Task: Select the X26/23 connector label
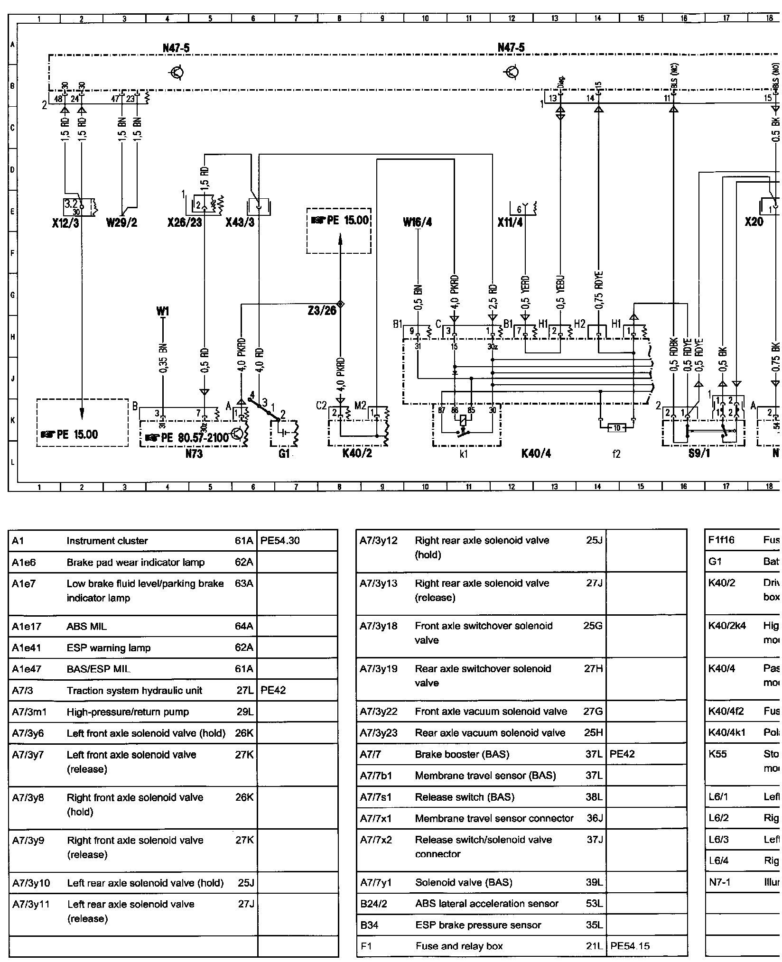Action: coord(185,222)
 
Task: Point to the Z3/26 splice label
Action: coord(323,311)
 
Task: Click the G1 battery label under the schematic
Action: coord(284,454)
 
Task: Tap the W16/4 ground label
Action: coord(418,222)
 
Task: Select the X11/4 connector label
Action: coord(510,222)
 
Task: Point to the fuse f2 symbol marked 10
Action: coord(616,428)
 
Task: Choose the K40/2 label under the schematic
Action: coord(357,454)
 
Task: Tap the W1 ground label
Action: coord(162,312)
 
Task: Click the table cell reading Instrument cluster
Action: coord(107,541)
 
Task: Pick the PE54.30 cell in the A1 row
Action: coord(280,541)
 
